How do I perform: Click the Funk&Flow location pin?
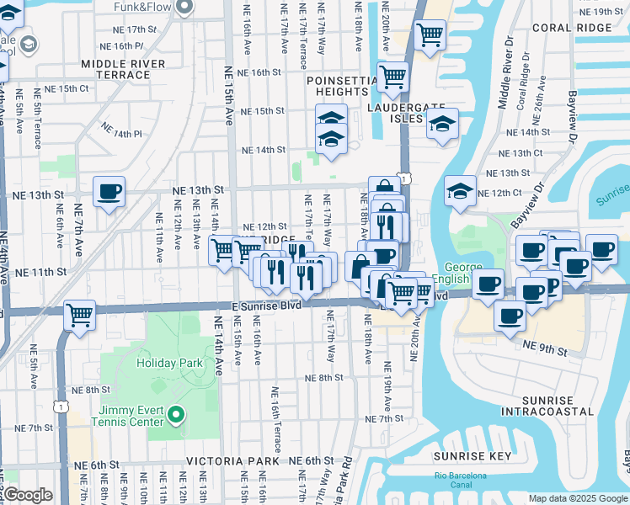pos(187,8)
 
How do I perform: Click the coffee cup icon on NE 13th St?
pos(109,192)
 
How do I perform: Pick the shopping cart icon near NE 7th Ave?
pos(79,316)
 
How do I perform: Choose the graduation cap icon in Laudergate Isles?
pos(442,125)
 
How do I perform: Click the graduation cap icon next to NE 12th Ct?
pos(460,192)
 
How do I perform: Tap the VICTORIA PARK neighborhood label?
pos(232,461)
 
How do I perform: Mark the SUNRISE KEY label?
pos(472,456)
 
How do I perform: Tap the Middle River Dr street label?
pos(504,74)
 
